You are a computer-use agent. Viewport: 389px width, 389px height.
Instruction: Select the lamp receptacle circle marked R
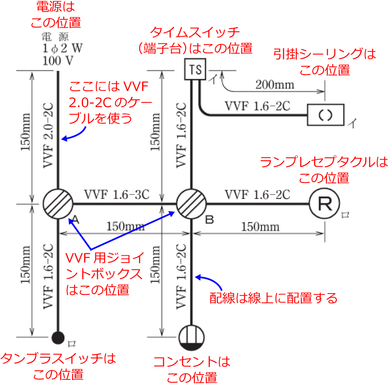pyautogui.click(x=324, y=204)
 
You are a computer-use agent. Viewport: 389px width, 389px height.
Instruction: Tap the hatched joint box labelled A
pyautogui.click(x=58, y=204)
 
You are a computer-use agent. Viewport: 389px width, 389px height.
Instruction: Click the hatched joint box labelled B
pyautogui.click(x=191, y=204)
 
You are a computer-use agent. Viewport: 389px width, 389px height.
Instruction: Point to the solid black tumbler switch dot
pyautogui.click(x=58, y=337)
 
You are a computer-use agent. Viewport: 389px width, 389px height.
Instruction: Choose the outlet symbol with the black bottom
pyautogui.click(x=192, y=337)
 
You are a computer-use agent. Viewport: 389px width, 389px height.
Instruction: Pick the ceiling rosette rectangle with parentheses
pyautogui.click(x=325, y=115)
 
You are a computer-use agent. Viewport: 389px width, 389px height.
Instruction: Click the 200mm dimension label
pyautogui.click(x=275, y=85)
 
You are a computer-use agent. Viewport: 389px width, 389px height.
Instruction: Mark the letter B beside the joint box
pyautogui.click(x=209, y=220)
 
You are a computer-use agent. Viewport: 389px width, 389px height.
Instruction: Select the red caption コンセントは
pyautogui.click(x=192, y=362)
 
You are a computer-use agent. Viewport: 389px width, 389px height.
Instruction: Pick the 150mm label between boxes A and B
pyautogui.click(x=125, y=226)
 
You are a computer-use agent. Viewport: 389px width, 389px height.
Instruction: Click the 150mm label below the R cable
pyautogui.click(x=260, y=227)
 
